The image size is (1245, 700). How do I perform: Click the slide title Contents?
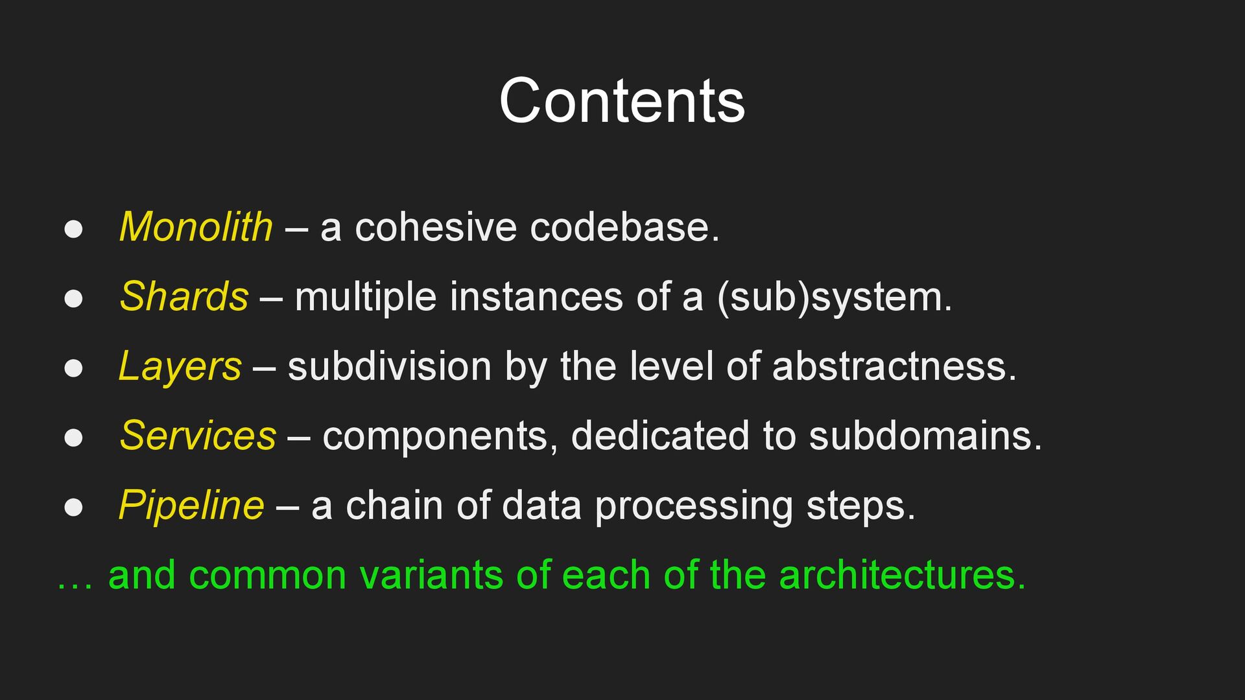[622, 101]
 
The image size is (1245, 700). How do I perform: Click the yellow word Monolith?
[196, 227]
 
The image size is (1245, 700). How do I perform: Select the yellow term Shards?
[184, 297]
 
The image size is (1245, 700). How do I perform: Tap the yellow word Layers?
[180, 367]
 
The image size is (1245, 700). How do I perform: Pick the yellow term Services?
[198, 436]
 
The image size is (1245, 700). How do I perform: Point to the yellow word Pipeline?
[191, 506]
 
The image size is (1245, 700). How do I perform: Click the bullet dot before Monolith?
[73, 229]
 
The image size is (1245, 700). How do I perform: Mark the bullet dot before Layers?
[73, 367]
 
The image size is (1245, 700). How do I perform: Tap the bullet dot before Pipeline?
[73, 507]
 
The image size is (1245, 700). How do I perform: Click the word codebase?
[624, 227]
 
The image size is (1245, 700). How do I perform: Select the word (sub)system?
[834, 297]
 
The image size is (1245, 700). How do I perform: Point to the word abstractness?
[894, 367]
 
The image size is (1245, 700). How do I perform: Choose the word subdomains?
[925, 436]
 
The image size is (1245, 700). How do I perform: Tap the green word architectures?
[902, 575]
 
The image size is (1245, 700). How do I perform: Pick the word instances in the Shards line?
[536, 297]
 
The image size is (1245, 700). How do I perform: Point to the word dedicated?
[660, 436]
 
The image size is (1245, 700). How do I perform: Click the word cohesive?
[436, 227]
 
